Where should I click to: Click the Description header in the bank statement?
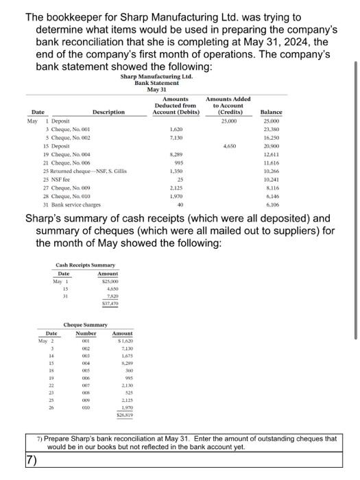108,112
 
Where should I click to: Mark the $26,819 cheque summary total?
123,416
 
